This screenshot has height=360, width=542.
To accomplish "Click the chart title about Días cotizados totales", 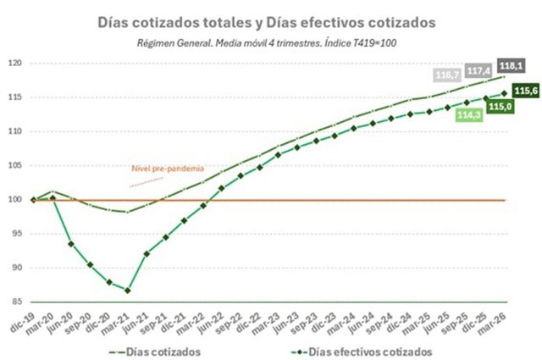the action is point(266,23).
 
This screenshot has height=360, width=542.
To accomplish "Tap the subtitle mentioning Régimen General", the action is point(267,43).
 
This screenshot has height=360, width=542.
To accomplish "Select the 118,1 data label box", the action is point(512,66).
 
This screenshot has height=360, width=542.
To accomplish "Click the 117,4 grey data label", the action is point(478,71).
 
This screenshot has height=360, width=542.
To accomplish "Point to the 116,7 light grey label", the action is point(447,75).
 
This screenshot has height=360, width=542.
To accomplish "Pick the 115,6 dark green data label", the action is point(526,91).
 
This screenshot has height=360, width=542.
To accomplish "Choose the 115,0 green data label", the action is point(501,107).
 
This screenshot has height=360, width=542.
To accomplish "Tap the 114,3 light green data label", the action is point(469,115).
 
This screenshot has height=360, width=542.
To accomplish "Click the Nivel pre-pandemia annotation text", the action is point(168,169).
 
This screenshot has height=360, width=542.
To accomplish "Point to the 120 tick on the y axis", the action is point(15,64).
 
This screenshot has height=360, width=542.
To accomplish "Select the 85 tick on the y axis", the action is point(18,302).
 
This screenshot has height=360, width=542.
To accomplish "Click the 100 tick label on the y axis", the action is point(15,200).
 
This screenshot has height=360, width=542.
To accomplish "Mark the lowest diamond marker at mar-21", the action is point(128,291).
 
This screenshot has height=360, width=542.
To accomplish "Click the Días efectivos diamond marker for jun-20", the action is point(71,244).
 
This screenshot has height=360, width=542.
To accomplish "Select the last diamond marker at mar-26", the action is point(504,93).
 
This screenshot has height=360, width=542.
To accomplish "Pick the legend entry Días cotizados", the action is point(154,352).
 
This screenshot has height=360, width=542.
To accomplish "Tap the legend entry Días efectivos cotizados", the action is point(362,352).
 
